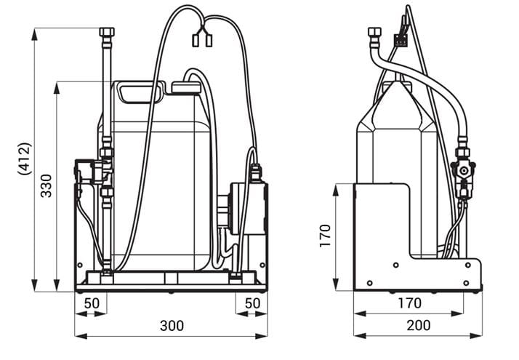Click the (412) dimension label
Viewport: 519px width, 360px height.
pyautogui.click(x=25, y=159)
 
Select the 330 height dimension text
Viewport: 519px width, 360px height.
pyautogui.click(x=47, y=185)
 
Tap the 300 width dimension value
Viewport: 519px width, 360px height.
pyautogui.click(x=172, y=326)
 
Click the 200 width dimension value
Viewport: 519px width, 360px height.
pyautogui.click(x=419, y=325)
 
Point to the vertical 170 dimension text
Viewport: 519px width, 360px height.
pyautogui.click(x=326, y=236)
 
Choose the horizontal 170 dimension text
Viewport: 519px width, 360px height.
pyautogui.click(x=409, y=303)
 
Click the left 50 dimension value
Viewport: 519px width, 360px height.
pyautogui.click(x=92, y=303)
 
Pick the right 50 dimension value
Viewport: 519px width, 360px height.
pyautogui.click(x=252, y=303)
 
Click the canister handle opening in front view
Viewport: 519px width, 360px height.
pyautogui.click(x=139, y=94)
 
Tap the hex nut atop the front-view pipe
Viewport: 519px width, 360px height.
pyautogui.click(x=107, y=32)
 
